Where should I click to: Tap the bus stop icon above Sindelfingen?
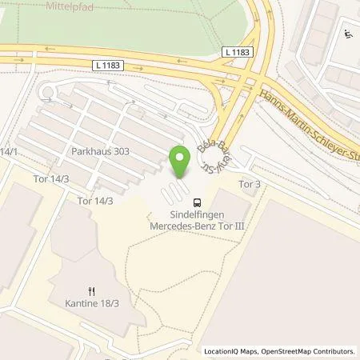(198, 202)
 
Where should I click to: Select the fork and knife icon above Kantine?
(93, 291)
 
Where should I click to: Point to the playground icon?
(350, 34)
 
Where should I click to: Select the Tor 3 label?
(250, 184)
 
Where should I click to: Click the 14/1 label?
(9, 150)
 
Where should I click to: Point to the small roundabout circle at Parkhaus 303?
(48, 94)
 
